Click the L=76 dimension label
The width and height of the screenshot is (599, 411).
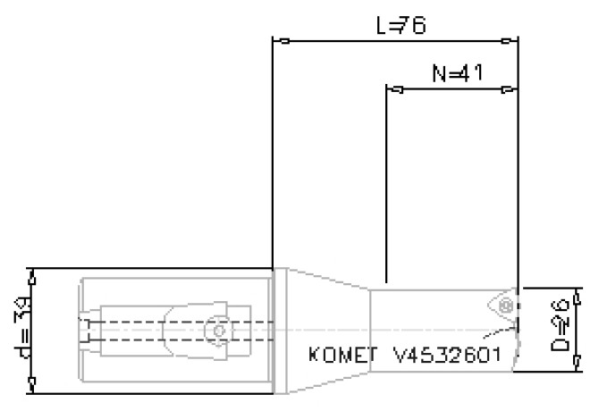400,26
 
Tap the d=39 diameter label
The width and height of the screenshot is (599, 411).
18,331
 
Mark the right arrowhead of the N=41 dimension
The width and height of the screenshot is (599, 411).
507,89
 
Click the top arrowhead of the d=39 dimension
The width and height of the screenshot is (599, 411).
32,277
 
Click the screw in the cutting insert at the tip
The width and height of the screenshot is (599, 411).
506,306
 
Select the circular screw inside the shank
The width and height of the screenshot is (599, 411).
218,331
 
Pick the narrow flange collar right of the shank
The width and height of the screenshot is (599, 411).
280,331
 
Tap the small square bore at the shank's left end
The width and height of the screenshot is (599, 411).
85,331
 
